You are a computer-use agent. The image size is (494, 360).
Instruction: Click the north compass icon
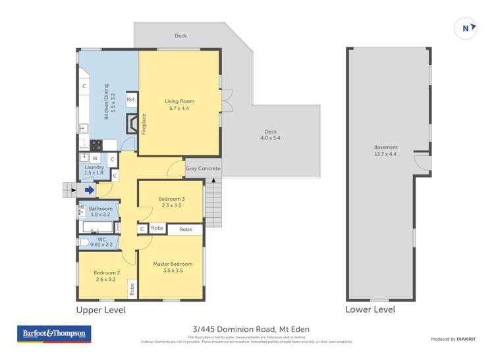[466, 28]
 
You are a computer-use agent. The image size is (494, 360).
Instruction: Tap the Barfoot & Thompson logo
[53, 334]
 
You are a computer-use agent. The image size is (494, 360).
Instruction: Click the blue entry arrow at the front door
[90, 190]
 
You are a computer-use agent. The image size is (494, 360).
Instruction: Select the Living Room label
[179, 104]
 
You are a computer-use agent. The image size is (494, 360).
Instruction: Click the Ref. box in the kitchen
[131, 99]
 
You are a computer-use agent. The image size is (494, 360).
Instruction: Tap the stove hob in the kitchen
[96, 145]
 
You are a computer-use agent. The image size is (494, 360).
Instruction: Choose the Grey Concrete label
[203, 169]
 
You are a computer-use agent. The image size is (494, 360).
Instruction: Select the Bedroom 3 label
[171, 202]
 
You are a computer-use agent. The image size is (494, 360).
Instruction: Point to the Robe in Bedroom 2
[132, 288]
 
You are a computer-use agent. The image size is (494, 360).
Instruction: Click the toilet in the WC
[83, 242]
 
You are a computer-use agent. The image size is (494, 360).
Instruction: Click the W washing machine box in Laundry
[96, 158]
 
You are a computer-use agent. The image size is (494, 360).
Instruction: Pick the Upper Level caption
[101, 309]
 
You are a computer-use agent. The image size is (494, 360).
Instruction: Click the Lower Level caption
[371, 309]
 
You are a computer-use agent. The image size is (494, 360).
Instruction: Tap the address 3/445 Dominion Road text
[247, 330]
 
